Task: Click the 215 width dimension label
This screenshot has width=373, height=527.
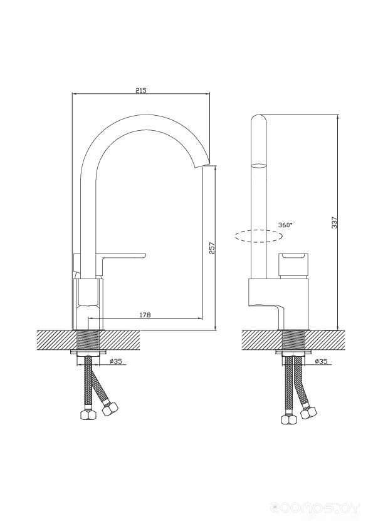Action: (x=140, y=90)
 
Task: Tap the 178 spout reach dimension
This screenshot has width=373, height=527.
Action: (x=145, y=315)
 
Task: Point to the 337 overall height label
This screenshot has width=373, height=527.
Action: (x=334, y=222)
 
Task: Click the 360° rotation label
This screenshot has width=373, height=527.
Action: (x=285, y=225)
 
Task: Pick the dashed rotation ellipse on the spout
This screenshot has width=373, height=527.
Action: (x=258, y=237)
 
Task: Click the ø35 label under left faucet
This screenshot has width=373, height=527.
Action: (x=116, y=361)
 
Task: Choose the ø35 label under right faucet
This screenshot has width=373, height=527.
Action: (x=321, y=361)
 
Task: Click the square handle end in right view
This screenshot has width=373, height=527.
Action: (x=293, y=262)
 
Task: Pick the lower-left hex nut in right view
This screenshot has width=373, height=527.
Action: (x=288, y=420)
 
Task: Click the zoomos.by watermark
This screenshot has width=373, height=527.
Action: (x=315, y=507)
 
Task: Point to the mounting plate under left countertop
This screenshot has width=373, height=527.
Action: (x=88, y=352)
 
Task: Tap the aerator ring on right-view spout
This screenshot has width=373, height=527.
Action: (x=259, y=166)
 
